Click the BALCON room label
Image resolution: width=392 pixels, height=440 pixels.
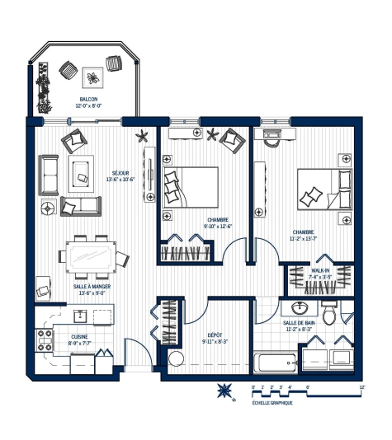[89, 99]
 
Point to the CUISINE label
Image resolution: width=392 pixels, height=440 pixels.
[80, 336]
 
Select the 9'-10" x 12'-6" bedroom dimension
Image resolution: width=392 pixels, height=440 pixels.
[219, 227]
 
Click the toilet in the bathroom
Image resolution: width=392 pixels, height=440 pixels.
[328, 312]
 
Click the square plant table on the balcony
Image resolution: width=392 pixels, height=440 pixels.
[93, 77]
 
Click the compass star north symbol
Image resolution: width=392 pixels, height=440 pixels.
[223, 391]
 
